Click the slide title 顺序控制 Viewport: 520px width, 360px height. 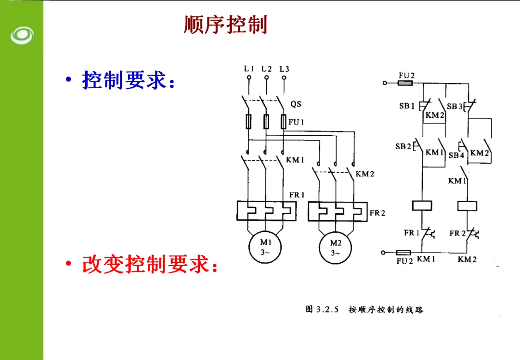point(225,25)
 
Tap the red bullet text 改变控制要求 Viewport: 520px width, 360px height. point(150,264)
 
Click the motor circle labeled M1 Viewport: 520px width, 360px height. point(265,247)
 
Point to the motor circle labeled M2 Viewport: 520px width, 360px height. point(335,248)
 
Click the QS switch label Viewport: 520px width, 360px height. point(296,104)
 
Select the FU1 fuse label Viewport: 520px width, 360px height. point(296,122)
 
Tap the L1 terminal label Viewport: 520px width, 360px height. point(249,69)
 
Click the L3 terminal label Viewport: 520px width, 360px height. point(284,69)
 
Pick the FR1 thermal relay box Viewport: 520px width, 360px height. point(266,210)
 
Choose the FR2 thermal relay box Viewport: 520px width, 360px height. point(338,211)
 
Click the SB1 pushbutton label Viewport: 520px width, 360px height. point(407,106)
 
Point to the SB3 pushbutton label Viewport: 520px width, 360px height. point(455,106)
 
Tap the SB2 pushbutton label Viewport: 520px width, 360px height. point(403,146)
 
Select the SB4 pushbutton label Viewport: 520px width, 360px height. point(456,155)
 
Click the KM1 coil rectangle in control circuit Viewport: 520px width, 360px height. point(422,206)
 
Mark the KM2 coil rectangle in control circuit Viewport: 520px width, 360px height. point(467,206)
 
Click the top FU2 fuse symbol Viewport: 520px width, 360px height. point(405,83)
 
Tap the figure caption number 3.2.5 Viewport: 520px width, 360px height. point(327,309)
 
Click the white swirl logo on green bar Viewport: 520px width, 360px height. point(22,36)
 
